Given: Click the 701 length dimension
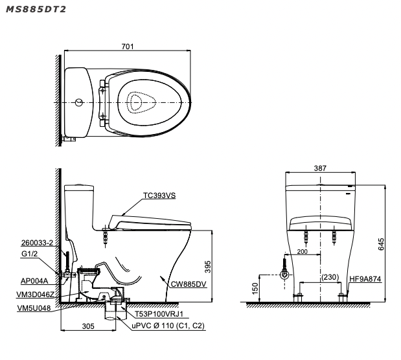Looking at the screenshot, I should pos(128,46).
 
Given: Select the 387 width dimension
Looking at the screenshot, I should pos(320,168).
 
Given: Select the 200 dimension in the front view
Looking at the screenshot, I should pos(302,251).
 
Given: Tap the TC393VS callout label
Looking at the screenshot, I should pos(160,194).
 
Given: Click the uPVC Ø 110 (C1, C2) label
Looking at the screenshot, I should pos(168,326).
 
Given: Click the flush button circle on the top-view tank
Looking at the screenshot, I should pos(78,102).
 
